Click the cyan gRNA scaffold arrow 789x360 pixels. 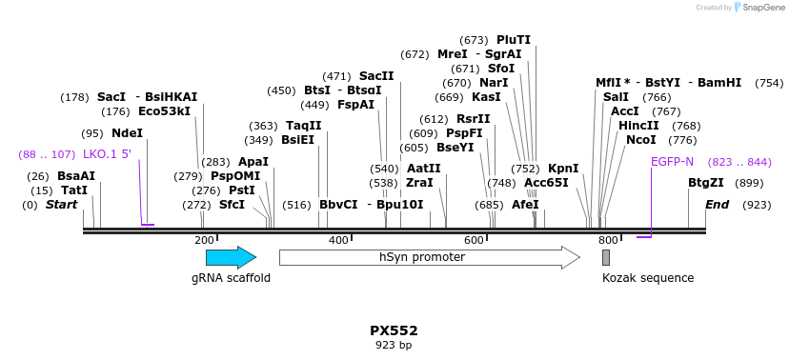[x=231, y=257]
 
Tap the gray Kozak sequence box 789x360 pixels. [x=606, y=257]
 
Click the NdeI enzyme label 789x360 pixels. [x=127, y=133]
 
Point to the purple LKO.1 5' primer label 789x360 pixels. [x=107, y=154]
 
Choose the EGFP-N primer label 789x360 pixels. [x=673, y=162]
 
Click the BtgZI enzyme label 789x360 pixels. [x=706, y=183]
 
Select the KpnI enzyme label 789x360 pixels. [x=563, y=169]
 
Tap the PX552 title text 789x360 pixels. [x=394, y=330]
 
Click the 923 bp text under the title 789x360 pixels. [x=394, y=345]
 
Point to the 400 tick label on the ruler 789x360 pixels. [x=338, y=240]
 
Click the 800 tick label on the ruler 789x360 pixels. [x=608, y=240]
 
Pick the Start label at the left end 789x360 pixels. [x=61, y=205]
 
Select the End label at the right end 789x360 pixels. [x=717, y=205]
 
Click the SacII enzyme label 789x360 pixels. [x=376, y=76]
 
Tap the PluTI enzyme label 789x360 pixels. [x=514, y=40]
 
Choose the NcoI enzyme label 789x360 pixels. [x=641, y=140]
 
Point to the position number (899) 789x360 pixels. [x=750, y=183]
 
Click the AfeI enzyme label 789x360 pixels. [x=525, y=205]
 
